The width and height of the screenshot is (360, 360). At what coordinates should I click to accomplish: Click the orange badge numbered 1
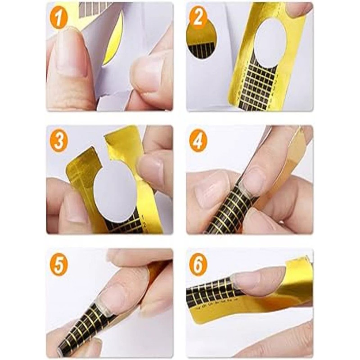tap(58, 18)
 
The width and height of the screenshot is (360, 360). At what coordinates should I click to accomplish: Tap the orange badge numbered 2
tap(198, 18)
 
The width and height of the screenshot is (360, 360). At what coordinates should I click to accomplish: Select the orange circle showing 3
tap(58, 141)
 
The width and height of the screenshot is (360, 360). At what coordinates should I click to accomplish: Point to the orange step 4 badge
tap(198, 141)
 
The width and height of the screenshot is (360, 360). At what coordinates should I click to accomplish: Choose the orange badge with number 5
tap(58, 265)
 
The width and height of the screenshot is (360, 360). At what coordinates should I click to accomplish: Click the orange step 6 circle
tap(198, 265)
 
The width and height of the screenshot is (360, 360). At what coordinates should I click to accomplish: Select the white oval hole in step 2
tap(270, 43)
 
